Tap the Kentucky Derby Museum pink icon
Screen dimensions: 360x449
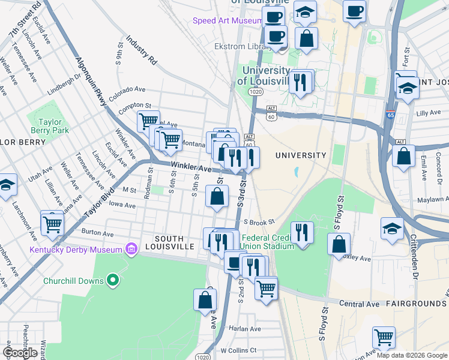tap(130, 249)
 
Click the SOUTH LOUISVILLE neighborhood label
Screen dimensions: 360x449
tap(174, 247)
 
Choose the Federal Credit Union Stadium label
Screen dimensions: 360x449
tap(267, 241)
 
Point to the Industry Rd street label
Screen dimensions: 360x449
tap(142, 53)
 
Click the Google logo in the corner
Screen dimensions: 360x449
tap(20, 353)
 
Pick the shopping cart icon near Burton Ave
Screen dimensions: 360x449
tap(53, 223)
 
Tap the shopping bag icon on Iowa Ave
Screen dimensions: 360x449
tap(217, 196)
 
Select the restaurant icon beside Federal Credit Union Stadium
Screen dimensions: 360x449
tap(302, 232)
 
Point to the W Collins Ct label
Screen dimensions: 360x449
tap(238, 350)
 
